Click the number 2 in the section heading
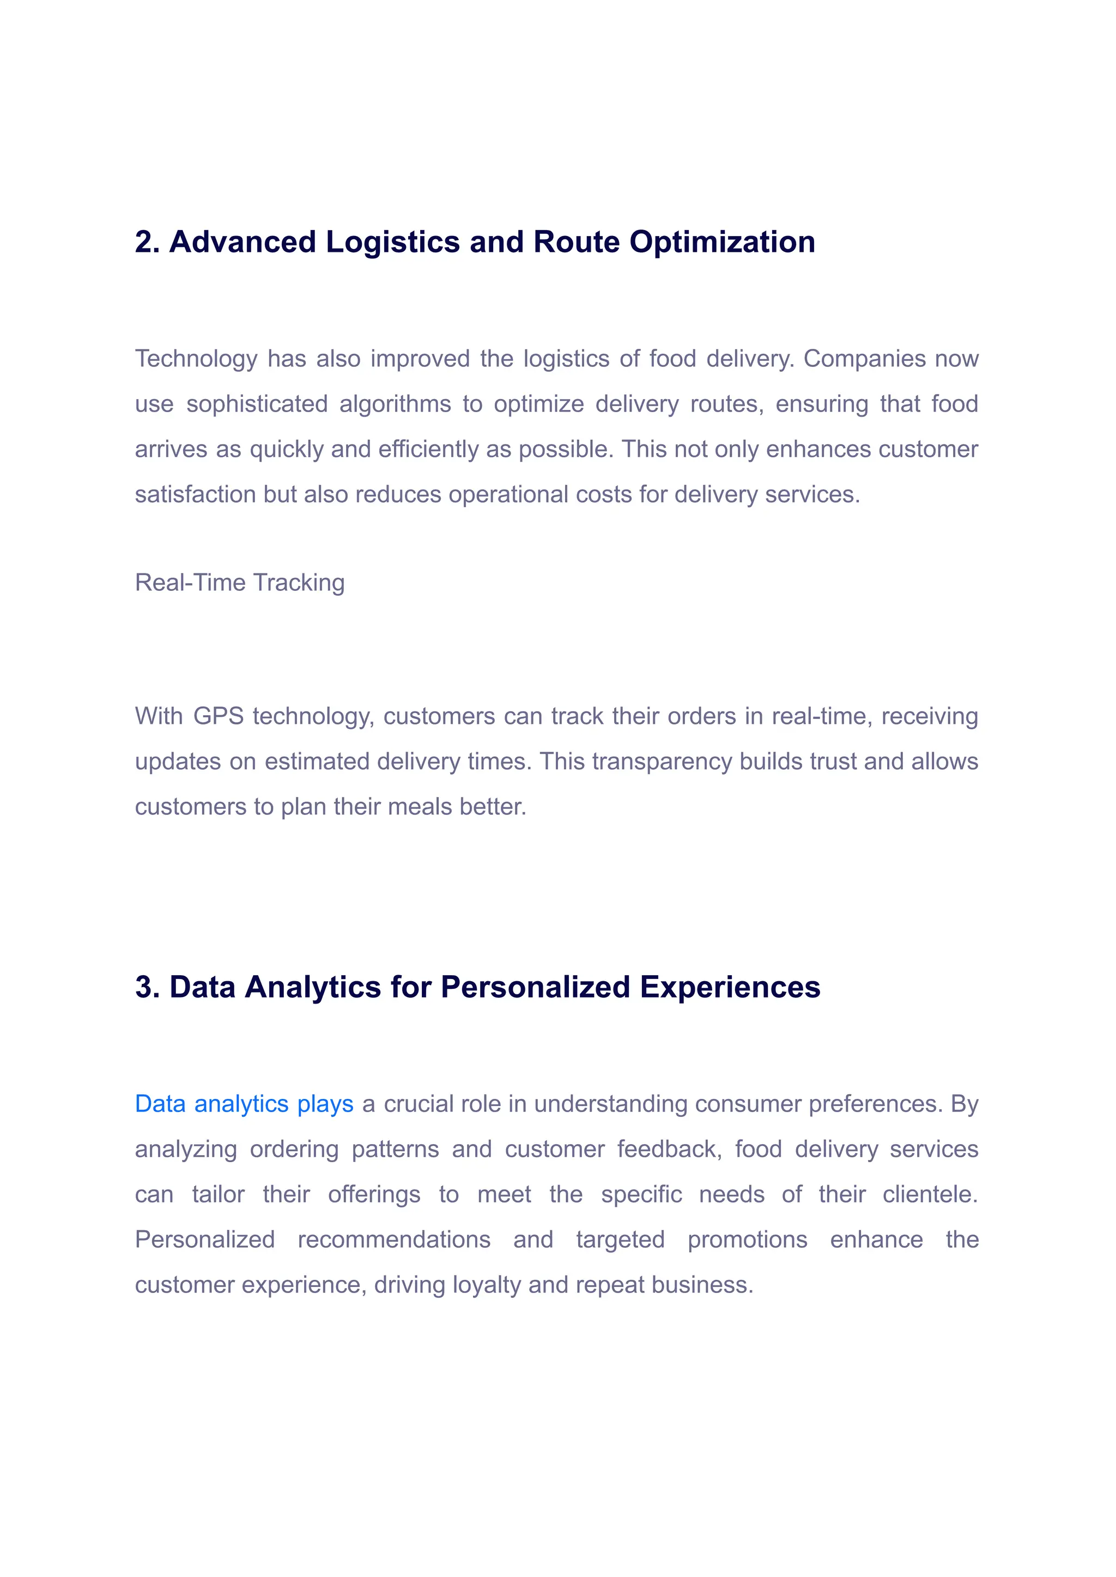(x=144, y=242)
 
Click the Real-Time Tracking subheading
(x=239, y=582)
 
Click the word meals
(x=420, y=806)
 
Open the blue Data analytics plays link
(x=244, y=1104)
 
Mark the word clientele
(x=930, y=1194)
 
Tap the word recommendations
(x=394, y=1240)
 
